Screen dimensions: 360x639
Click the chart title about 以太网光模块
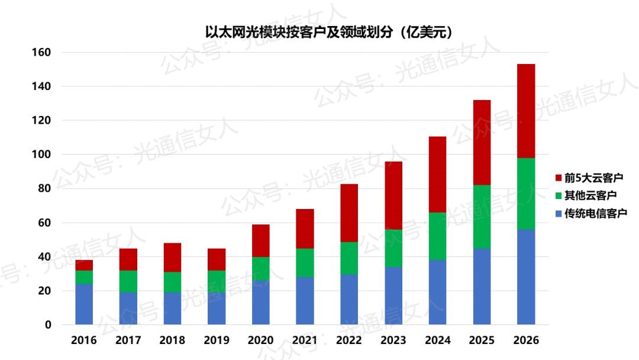(x=320, y=31)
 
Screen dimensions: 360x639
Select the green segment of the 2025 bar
(x=482, y=217)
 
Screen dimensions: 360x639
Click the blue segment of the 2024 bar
(x=437, y=292)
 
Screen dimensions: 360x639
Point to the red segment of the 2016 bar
(x=84, y=265)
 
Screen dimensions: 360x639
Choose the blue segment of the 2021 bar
(x=305, y=300)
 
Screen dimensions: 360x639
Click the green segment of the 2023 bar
(x=393, y=248)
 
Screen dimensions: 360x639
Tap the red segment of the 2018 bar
(x=172, y=258)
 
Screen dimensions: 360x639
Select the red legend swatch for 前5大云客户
(x=559, y=178)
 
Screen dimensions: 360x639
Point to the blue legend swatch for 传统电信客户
(x=559, y=213)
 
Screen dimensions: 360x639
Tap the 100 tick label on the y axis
(x=41, y=155)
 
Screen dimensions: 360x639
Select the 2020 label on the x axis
(x=260, y=340)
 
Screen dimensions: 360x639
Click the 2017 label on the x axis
(x=128, y=340)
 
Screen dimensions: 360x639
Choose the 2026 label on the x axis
(x=525, y=340)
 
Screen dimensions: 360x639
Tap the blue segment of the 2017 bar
(x=128, y=308)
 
